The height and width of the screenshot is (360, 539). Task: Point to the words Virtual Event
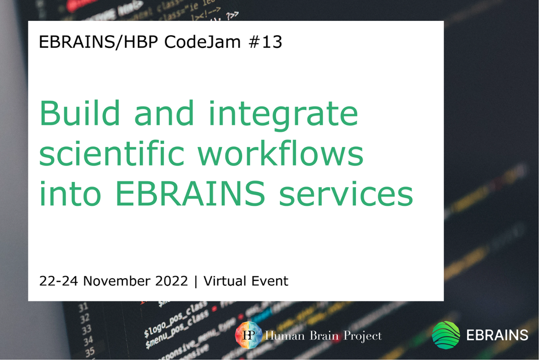point(246,281)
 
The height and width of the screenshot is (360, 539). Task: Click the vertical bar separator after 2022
point(196,281)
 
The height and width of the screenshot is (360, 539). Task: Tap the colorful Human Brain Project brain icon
point(248,335)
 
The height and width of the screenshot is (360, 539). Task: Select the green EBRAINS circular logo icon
point(446,335)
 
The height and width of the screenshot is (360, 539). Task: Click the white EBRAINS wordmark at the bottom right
point(496,335)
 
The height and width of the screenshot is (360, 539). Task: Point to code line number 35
point(90,351)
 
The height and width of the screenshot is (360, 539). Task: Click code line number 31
point(84,308)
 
